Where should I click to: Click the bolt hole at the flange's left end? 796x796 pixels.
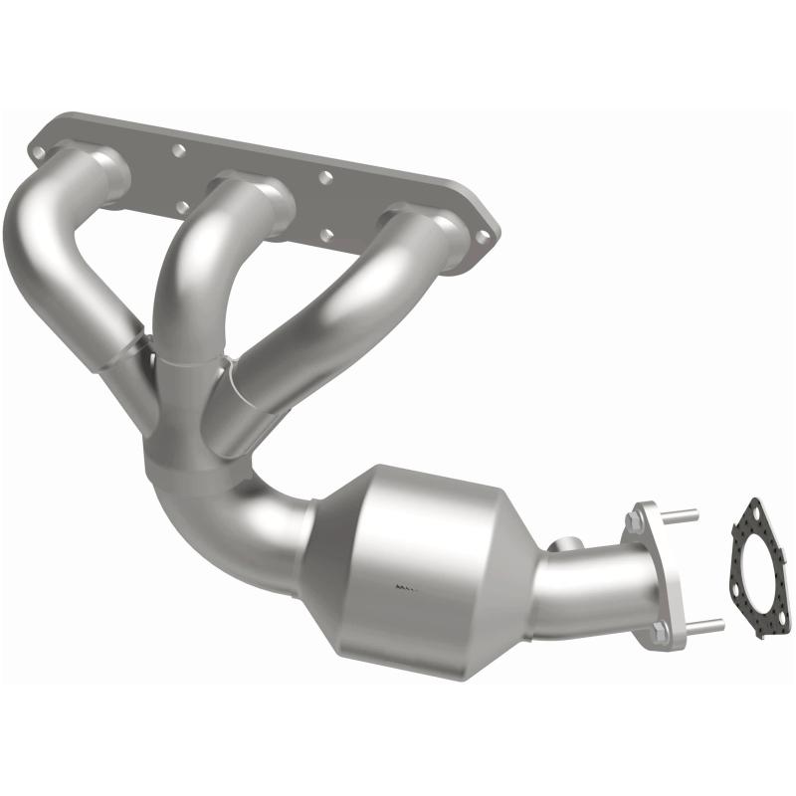point(38,152)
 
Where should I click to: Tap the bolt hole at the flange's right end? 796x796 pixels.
point(484,237)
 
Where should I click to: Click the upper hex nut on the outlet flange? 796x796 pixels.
point(635,520)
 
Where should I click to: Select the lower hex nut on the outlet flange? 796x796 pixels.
point(660,631)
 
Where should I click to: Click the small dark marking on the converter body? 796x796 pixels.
point(406,587)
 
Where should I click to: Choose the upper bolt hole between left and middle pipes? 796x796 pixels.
point(179,150)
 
